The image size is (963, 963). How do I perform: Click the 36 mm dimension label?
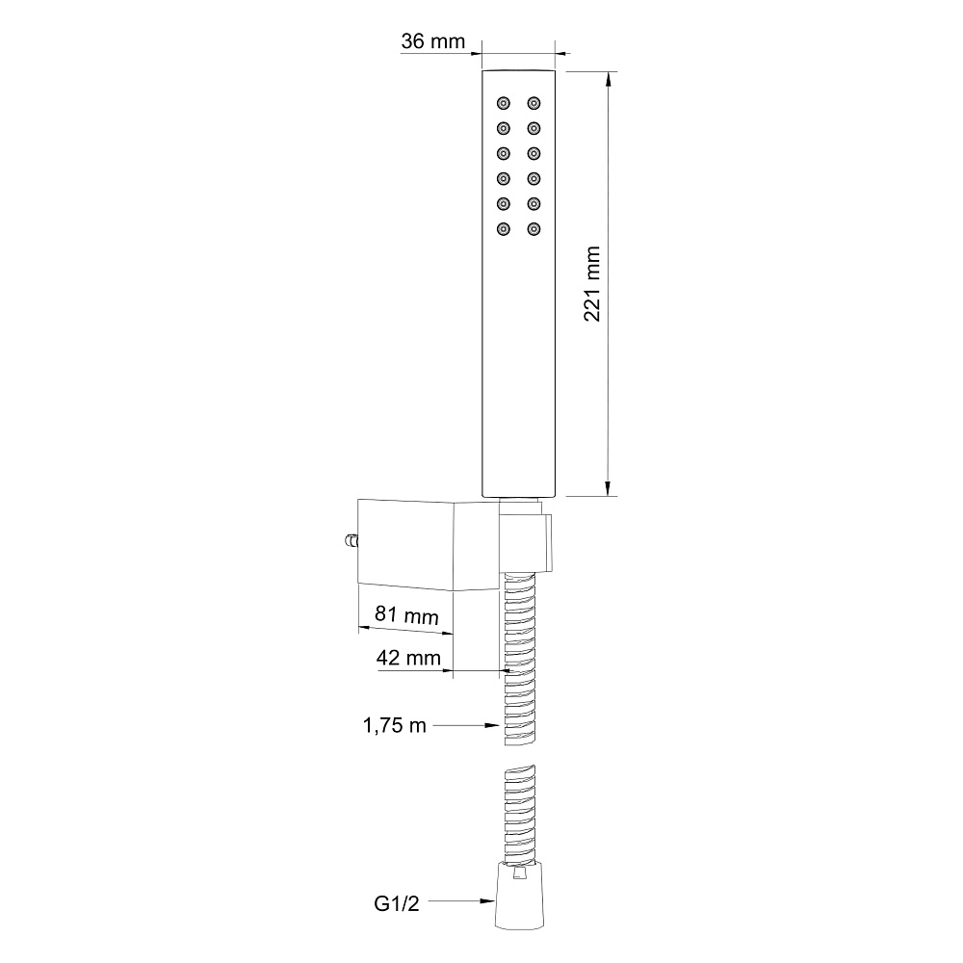pyautogui.click(x=433, y=41)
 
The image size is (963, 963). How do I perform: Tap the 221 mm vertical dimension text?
pyautogui.click(x=592, y=284)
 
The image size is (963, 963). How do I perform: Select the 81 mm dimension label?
pyautogui.click(x=406, y=614)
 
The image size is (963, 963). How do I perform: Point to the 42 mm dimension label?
pyautogui.click(x=408, y=658)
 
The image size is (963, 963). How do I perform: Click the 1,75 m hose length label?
pyautogui.click(x=394, y=725)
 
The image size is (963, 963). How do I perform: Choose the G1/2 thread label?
pyautogui.click(x=397, y=903)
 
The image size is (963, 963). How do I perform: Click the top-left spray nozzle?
pyautogui.click(x=504, y=103)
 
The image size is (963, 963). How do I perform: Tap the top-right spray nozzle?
pyautogui.click(x=534, y=103)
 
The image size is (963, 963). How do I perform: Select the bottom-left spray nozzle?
pyautogui.click(x=504, y=229)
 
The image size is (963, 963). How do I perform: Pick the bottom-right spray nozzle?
pyautogui.click(x=534, y=229)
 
